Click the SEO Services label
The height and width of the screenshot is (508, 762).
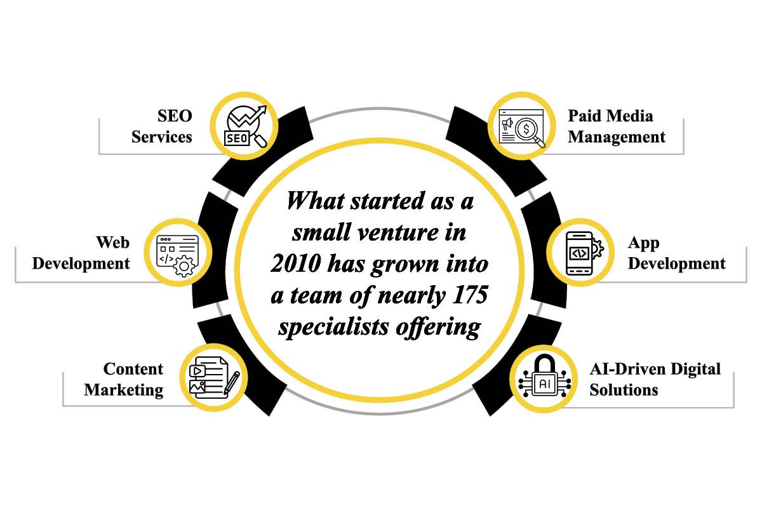(x=162, y=126)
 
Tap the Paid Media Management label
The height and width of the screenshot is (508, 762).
(x=617, y=126)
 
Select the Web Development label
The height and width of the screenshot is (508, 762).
(x=81, y=253)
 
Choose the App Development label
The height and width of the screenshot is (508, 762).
(x=677, y=253)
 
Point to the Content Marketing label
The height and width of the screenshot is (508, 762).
(x=124, y=379)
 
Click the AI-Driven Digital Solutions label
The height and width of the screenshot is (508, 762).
(x=655, y=379)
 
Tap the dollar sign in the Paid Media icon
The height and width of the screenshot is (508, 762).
(x=526, y=130)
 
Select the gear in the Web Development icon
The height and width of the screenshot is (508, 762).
(x=184, y=266)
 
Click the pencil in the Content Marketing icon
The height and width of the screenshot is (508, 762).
(x=232, y=383)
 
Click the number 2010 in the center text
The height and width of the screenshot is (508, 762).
(x=296, y=264)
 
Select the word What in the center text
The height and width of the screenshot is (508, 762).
(x=316, y=201)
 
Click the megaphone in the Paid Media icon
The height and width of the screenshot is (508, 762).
(x=507, y=124)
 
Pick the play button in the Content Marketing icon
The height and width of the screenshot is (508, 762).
(x=197, y=371)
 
